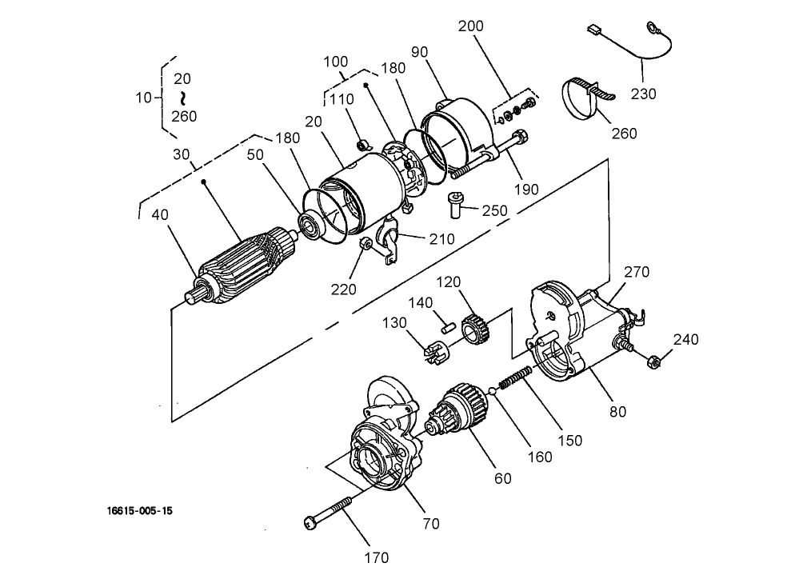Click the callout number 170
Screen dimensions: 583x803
(x=376, y=557)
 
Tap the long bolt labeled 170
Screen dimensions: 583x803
(x=329, y=513)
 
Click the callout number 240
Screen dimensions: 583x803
(x=685, y=339)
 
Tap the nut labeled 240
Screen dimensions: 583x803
(x=653, y=361)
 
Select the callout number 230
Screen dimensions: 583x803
(x=643, y=94)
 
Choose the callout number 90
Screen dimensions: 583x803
(x=419, y=52)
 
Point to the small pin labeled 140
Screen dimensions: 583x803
(x=449, y=326)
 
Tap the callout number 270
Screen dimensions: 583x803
(x=637, y=273)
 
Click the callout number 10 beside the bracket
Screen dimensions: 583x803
(x=143, y=98)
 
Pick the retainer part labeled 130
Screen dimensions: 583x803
(x=437, y=350)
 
